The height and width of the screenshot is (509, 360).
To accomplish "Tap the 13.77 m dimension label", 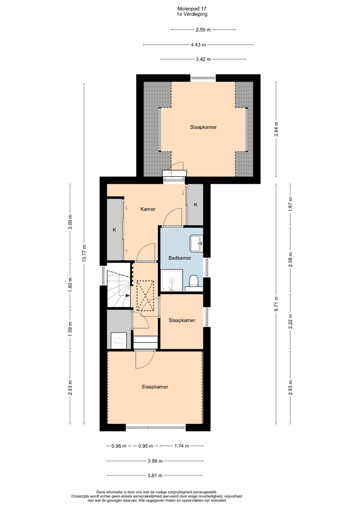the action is click(84, 253).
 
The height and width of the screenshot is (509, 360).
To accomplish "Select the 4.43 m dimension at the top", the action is click(198, 45).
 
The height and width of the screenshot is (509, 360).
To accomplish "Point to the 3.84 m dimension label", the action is click(276, 129).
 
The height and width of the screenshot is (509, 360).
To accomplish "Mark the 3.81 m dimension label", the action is click(155, 476).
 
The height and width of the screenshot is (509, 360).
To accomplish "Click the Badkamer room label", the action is click(180, 258).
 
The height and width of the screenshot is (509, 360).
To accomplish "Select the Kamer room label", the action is click(148, 209).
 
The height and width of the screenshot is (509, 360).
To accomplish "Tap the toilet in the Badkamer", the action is click(194, 281).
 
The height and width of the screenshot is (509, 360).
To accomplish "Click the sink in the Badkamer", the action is click(196, 243).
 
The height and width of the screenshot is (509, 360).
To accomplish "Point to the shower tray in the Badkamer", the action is click(172, 280).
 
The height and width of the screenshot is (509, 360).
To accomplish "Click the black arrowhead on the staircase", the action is click(128, 295).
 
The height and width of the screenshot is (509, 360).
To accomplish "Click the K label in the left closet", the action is click(115, 230).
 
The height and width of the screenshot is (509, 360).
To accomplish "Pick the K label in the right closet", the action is click(196, 205).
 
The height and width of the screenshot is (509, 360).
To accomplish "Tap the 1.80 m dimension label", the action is click(70, 285).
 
